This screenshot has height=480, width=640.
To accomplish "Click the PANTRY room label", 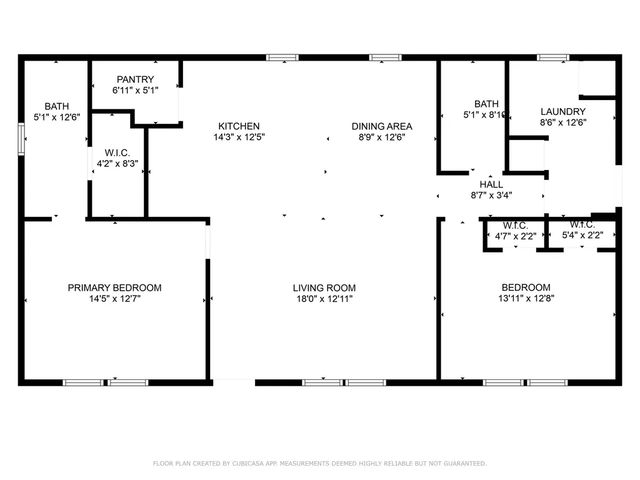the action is pos(136,79).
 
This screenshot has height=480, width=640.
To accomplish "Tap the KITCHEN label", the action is pos(239,126).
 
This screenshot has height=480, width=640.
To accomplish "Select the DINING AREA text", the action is pos(382,126).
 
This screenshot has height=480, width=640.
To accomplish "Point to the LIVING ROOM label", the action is pos(324,287).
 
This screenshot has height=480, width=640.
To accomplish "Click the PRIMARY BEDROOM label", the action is pos(115,287).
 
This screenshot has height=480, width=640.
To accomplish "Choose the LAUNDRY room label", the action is pos(563,111).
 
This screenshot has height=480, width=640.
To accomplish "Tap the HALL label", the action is pos(491,184).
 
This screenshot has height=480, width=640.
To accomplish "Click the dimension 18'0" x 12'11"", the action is pos(324,299).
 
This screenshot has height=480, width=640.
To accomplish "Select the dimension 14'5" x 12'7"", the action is pos(115,299).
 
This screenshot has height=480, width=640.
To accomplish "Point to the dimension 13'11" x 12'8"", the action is pos(526,298).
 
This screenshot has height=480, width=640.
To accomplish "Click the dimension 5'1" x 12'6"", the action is pos(57,117).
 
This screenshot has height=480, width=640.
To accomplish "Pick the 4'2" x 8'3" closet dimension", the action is pos(117,164).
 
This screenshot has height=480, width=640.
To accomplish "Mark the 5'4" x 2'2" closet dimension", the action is pos(582,235).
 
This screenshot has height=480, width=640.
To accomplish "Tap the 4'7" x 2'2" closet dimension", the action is pos(516,236).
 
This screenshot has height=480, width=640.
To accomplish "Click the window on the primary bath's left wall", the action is pos(21,139).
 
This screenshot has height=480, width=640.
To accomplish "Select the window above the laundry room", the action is pos(553,57).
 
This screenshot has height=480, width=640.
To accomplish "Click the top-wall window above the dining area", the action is pos(385,57).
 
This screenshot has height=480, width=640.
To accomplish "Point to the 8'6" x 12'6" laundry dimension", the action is pos(563,122).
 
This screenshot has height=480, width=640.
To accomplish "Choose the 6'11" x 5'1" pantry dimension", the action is pos(136,90).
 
